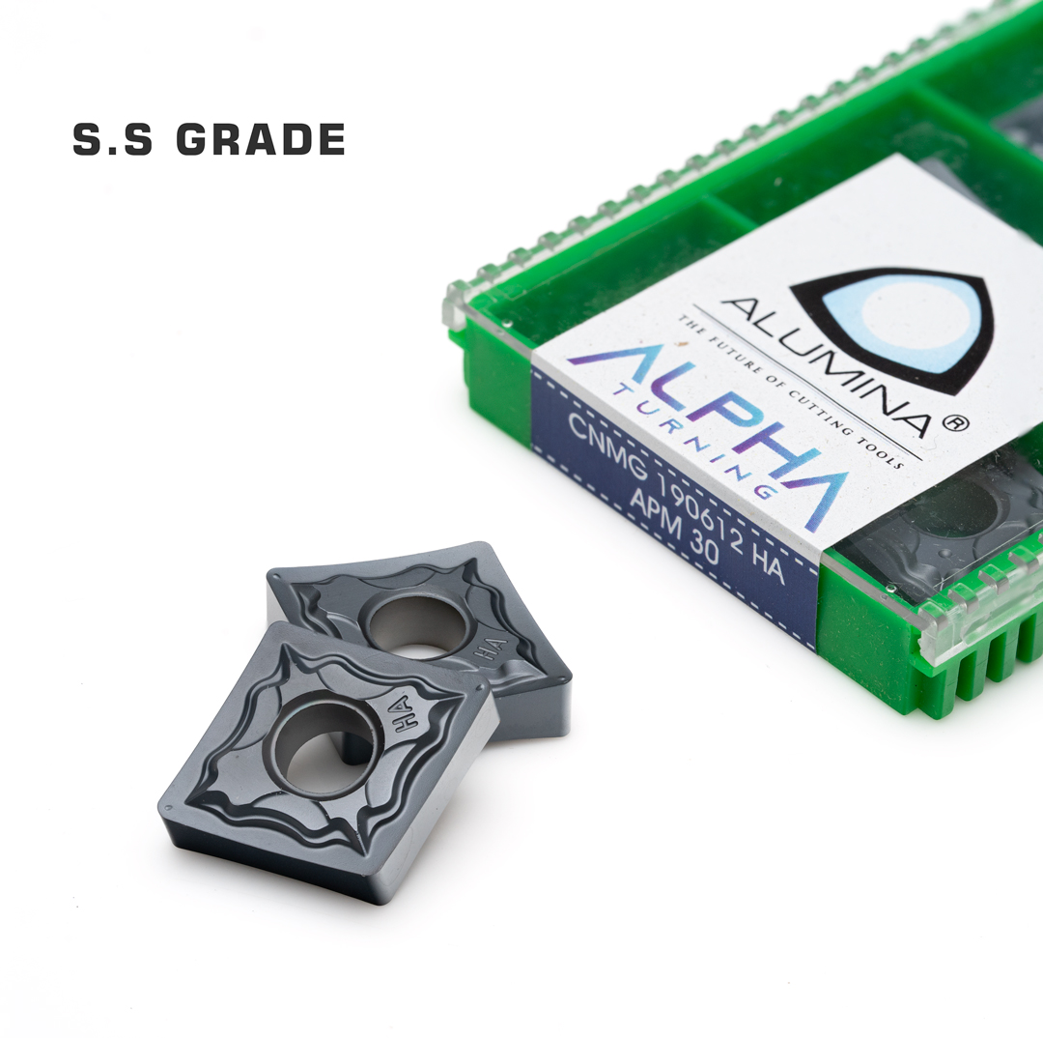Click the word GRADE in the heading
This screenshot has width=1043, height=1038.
pos(261,139)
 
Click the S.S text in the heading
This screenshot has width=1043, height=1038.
pos(112,139)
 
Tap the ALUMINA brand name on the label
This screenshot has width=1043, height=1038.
pos(825,367)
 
